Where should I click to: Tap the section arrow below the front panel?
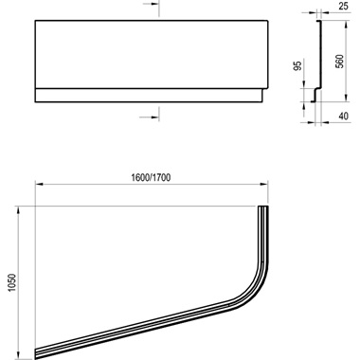point(154,115)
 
